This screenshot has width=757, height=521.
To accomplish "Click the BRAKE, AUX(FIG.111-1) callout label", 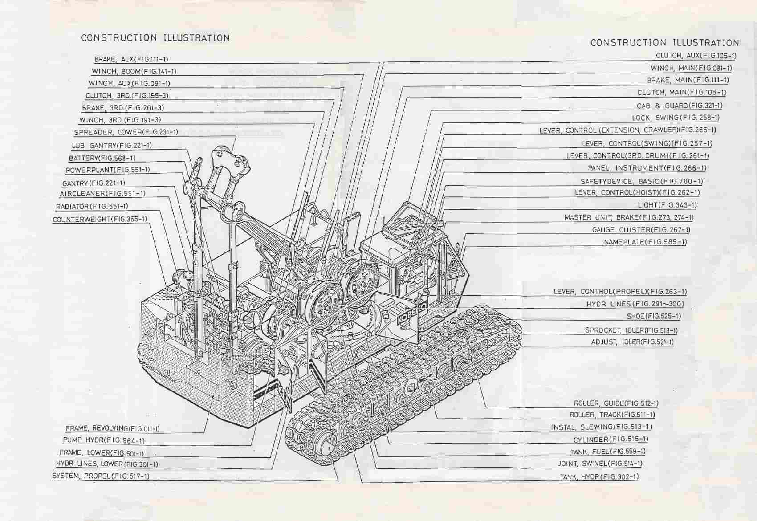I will pos(131,59).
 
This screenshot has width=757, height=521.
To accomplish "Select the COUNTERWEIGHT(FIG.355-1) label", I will pos(100,220).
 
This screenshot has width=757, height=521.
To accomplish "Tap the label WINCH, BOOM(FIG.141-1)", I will pos(134,71).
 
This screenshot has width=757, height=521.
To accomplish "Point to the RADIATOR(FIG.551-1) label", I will pos(92,207).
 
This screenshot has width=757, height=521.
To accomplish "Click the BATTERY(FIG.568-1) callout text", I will pos(102,158).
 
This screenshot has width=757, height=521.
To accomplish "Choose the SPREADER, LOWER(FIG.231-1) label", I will pos(126,132).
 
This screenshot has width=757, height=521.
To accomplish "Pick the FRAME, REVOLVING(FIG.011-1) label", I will pos(113,429).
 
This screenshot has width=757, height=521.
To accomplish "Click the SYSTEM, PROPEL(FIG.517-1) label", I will pos(101,476).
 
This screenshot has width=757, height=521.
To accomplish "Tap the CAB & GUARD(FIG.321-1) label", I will pos(680,106).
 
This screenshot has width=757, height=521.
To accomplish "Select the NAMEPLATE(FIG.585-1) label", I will pos(645,242).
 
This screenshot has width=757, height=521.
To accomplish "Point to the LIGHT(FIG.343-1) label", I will pos(667,205).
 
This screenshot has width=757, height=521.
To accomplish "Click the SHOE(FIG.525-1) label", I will pos(654,317).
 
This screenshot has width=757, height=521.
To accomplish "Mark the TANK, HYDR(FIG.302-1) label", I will pos(599,477).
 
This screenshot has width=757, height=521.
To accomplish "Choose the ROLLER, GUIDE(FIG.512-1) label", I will pos(616,403).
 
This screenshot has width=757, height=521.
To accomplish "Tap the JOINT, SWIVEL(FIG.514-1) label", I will pos(600,464).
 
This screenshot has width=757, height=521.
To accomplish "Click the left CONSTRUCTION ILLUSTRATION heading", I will pos(155,38).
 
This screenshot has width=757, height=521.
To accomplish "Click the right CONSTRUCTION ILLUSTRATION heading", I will pos(664,43).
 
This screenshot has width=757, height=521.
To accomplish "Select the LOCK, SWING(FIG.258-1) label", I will pos(676,118).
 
